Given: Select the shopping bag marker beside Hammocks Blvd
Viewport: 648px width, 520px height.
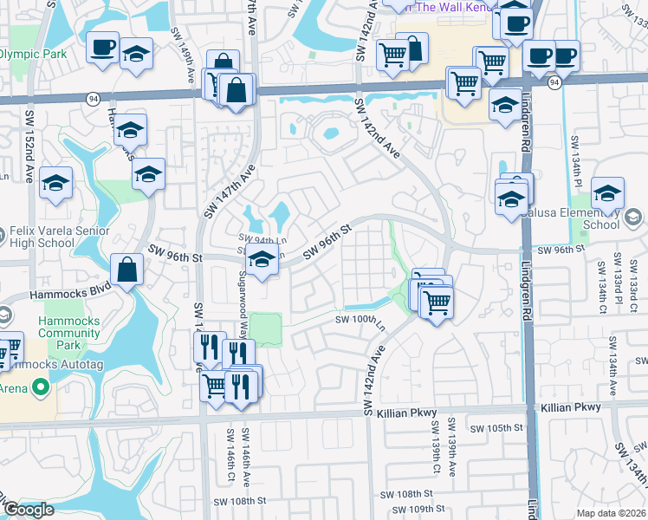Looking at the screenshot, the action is [127, 269].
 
